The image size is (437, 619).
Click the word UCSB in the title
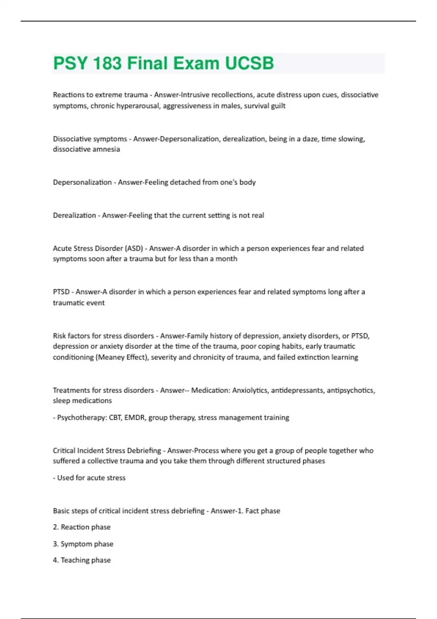[x=249, y=63]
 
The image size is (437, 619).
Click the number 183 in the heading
[x=107, y=63]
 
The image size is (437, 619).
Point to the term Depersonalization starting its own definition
[x=82, y=182]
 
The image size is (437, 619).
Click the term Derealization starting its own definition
[x=74, y=215]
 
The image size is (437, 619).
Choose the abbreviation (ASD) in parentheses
[x=134, y=248]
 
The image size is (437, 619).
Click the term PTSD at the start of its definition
[x=61, y=292]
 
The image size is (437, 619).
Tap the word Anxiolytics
[x=250, y=390]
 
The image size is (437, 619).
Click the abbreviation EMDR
[x=135, y=417]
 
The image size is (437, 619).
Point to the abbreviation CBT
[x=115, y=417]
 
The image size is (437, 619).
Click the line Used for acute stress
[x=91, y=478]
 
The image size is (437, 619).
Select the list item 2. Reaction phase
[x=82, y=527]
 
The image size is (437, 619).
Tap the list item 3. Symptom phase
[x=83, y=544]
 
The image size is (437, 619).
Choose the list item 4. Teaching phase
[x=82, y=560]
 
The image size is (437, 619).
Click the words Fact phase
[x=263, y=511]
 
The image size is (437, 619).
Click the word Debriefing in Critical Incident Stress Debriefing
[x=143, y=450]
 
